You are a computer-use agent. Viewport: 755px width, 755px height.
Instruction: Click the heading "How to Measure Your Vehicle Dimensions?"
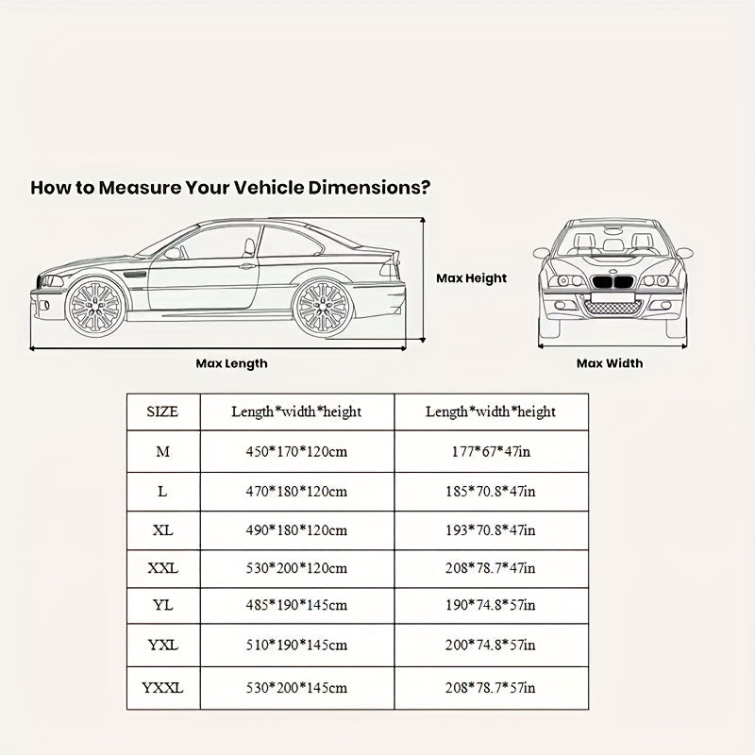click(231, 187)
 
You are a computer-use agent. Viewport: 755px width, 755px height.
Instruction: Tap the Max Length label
click(231, 363)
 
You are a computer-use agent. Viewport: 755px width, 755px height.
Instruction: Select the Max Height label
click(471, 278)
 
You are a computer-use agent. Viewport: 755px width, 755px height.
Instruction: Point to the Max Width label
click(610, 363)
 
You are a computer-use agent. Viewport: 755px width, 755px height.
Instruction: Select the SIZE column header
click(162, 411)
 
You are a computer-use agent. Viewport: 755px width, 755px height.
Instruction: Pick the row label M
click(162, 451)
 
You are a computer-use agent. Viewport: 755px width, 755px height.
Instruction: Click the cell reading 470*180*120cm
click(296, 491)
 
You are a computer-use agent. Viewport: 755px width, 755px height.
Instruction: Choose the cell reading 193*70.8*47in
click(491, 530)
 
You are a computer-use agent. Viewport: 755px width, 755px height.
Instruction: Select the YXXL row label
click(162, 688)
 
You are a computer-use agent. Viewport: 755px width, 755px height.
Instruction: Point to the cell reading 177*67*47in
click(491, 451)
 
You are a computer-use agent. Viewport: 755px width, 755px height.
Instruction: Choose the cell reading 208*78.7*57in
click(491, 688)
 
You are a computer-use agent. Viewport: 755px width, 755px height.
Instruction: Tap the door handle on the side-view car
click(248, 267)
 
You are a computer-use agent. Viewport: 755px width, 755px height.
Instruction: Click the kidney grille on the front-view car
click(613, 282)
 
